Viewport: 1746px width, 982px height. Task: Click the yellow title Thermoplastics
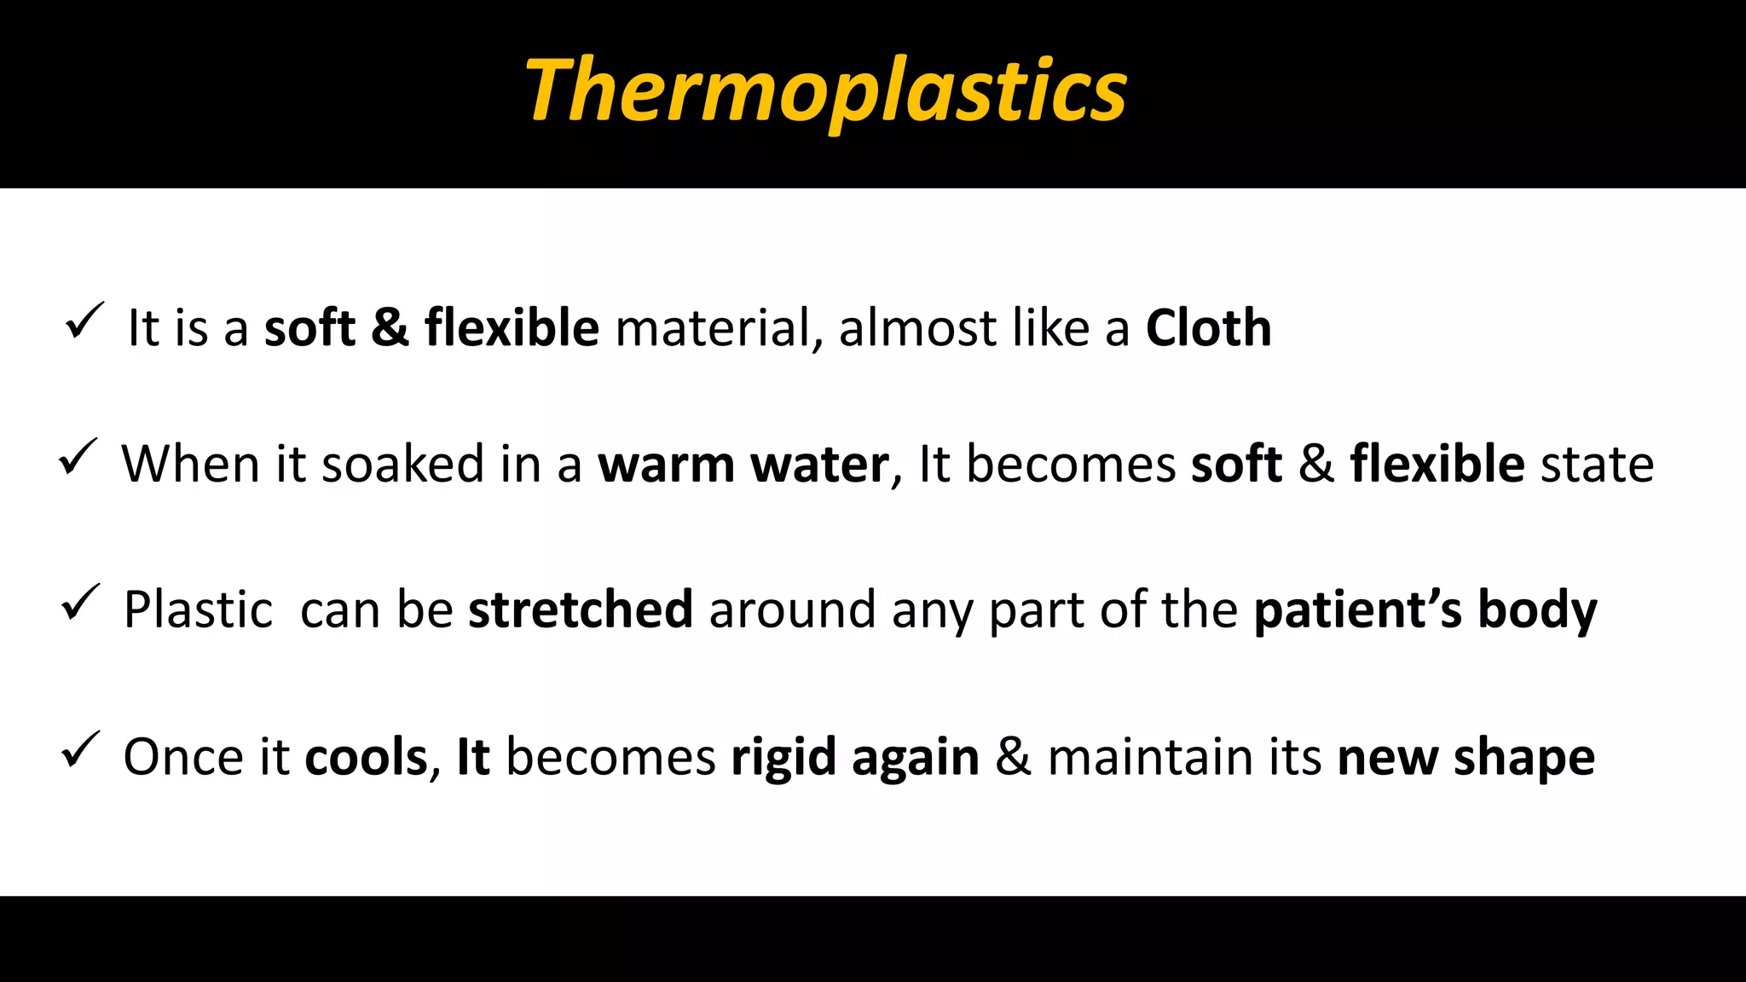pyautogui.click(x=825, y=90)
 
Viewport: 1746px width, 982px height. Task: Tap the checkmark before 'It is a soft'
pyautogui.click(x=84, y=322)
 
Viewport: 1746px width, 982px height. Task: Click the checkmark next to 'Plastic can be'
pyautogui.click(x=80, y=604)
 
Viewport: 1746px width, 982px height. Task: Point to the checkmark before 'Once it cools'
pyautogui.click(x=80, y=750)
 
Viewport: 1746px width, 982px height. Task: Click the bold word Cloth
pyautogui.click(x=1207, y=328)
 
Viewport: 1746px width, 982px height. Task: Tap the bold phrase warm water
pyautogui.click(x=743, y=465)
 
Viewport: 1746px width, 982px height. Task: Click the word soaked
pyautogui.click(x=402, y=465)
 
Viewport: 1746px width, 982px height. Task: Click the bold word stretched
pyautogui.click(x=580, y=610)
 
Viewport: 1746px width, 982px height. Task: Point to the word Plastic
pyautogui.click(x=198, y=610)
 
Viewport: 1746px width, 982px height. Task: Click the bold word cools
pyautogui.click(x=366, y=757)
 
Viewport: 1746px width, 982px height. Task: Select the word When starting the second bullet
pyautogui.click(x=190, y=465)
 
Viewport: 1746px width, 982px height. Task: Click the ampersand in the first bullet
pyautogui.click(x=390, y=328)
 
